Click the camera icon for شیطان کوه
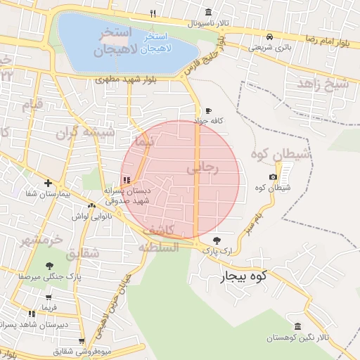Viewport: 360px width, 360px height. tap(273, 176)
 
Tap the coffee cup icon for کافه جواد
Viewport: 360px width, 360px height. tap(208, 111)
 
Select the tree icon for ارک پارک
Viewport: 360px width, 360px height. tap(225, 239)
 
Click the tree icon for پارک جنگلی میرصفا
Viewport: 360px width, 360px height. tap(49, 266)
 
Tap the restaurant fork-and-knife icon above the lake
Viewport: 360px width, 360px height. tap(153, 13)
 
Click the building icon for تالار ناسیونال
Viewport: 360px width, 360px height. tap(208, 13)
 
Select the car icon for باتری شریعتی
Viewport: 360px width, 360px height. tap(269, 37)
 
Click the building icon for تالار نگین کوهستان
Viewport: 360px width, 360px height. tap(298, 327)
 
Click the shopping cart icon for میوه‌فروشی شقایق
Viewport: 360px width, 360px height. tap(83, 340)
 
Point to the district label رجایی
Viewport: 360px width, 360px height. tap(204, 169)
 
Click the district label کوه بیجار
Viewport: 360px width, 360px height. tap(245, 275)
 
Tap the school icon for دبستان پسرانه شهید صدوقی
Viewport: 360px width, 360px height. tap(126, 180)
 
